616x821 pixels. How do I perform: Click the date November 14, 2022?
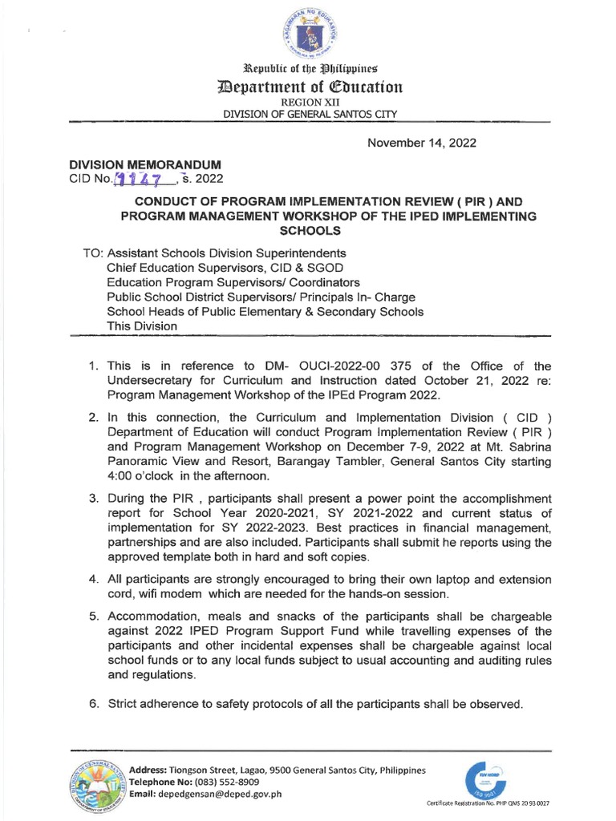coord(421,143)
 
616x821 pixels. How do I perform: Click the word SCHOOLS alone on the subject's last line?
coord(310,230)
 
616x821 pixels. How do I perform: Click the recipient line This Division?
coord(142,326)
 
